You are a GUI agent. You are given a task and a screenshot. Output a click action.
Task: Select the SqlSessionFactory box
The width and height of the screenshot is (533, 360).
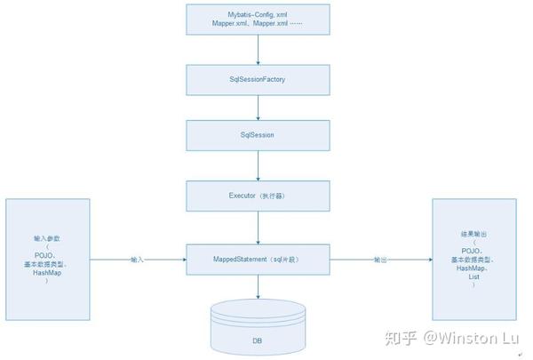(x=258, y=80)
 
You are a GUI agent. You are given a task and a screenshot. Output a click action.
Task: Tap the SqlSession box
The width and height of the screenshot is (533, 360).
(x=258, y=135)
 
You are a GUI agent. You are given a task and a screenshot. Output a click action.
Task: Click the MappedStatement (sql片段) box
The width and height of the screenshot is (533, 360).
(x=258, y=260)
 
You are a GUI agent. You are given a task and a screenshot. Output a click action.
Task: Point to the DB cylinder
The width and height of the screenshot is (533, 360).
(x=257, y=329)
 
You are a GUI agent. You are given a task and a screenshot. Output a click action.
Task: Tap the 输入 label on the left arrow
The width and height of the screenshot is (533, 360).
(x=137, y=260)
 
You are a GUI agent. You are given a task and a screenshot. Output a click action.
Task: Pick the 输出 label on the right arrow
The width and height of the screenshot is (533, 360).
(x=380, y=260)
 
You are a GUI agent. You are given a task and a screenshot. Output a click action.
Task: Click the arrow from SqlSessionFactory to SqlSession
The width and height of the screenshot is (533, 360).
(x=258, y=108)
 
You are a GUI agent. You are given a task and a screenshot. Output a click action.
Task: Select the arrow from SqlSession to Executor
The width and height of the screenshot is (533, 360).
(x=258, y=165)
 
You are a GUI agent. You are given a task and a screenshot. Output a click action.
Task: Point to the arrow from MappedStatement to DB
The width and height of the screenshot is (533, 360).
(x=258, y=288)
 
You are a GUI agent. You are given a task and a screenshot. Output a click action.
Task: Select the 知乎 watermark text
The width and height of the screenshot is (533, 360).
(x=401, y=339)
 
